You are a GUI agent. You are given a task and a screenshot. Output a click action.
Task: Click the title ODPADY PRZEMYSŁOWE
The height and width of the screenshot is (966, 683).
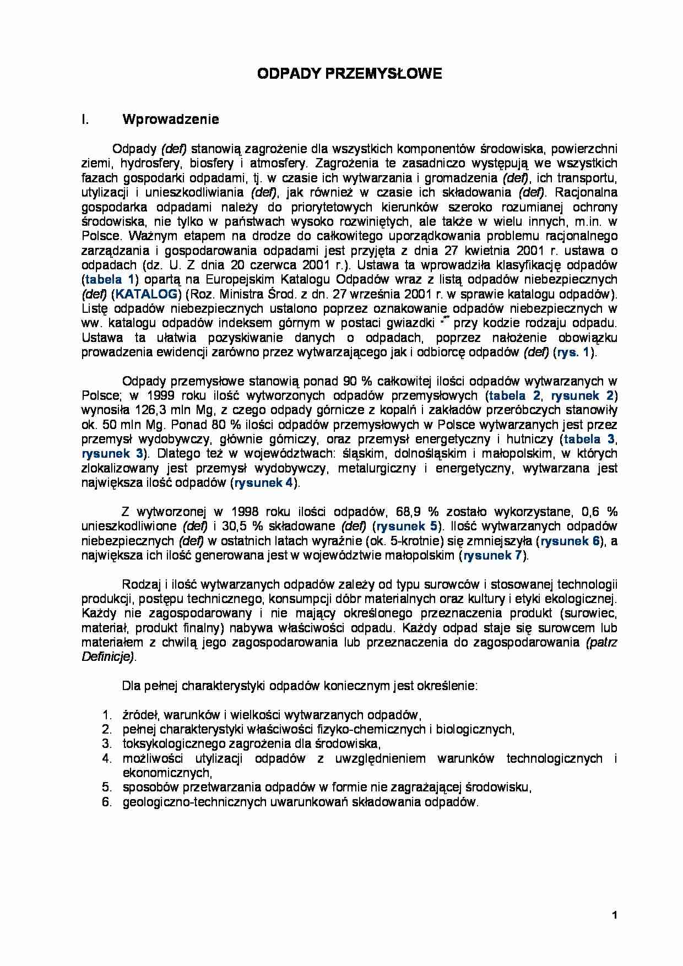(349, 74)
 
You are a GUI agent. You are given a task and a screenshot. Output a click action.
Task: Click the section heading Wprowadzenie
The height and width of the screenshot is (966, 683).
(171, 120)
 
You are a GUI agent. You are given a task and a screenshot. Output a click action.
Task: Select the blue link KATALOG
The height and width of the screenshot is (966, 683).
(147, 294)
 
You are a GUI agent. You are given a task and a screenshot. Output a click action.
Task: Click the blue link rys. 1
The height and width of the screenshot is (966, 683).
(573, 352)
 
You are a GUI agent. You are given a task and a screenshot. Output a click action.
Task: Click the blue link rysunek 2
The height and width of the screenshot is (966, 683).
(582, 395)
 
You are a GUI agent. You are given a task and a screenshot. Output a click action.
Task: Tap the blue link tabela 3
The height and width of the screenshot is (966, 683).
(589, 439)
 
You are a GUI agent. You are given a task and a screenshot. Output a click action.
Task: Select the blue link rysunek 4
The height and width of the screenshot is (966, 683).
(263, 483)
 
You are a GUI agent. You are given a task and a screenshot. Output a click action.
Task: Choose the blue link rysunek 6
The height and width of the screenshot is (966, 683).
(570, 541)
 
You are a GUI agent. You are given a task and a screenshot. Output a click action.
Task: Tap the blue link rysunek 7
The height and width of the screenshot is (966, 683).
(492, 555)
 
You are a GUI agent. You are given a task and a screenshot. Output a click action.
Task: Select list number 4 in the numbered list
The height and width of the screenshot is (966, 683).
(107, 758)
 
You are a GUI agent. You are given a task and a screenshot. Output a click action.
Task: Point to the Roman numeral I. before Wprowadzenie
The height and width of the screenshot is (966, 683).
(85, 120)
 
